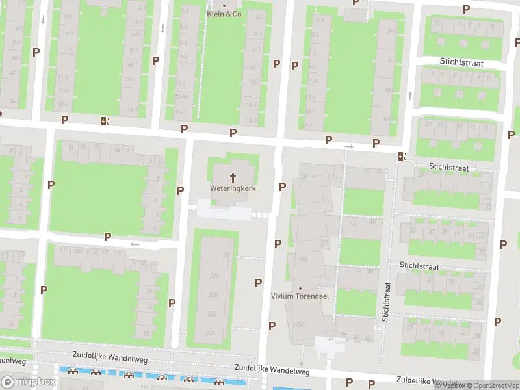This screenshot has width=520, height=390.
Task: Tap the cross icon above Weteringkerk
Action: click(232, 177)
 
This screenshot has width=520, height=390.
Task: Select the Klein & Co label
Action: click(224, 13)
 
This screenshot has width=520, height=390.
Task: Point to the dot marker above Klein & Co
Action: click(224, 5)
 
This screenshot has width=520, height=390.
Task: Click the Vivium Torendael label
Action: click(300, 296)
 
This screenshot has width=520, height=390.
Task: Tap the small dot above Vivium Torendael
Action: click(300, 288)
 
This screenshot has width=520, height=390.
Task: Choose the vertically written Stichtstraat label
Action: click(386, 302)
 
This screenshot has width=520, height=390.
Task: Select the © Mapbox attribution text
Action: click(450, 385)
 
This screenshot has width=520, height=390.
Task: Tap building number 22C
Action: click(211, 314)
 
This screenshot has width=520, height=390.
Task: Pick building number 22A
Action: click(211, 332)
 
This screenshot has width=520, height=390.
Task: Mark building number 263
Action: click(300, 324)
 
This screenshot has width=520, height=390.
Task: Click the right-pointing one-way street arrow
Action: click(349, 146)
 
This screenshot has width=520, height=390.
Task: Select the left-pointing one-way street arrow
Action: click(135, 244)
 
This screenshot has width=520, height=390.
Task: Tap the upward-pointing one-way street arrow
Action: click(410, 96)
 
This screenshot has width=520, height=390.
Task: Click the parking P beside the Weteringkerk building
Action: click(282, 187)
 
